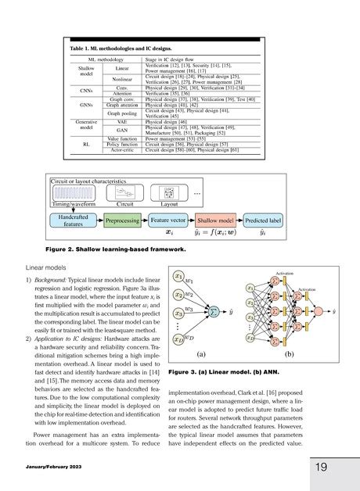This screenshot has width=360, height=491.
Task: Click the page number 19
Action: pyautogui.click(x=321, y=467)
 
